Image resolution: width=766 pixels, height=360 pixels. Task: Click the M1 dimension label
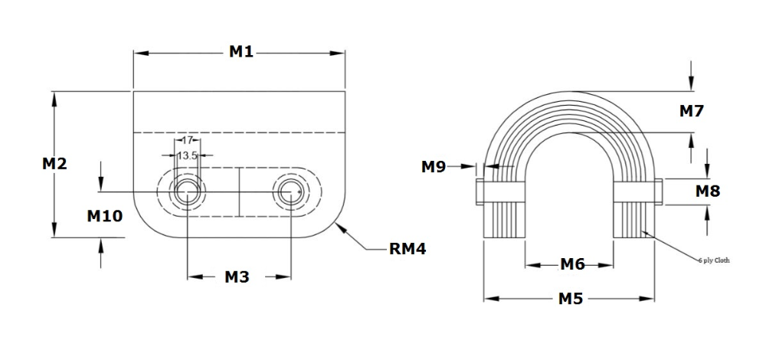point(241,51)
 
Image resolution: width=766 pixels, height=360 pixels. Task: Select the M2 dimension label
point(54,163)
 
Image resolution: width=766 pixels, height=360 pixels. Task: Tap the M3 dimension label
point(237,277)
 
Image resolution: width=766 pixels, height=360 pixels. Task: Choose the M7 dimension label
point(692,111)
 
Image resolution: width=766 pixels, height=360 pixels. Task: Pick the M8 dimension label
point(707,191)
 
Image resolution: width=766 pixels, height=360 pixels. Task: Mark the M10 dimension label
point(104,216)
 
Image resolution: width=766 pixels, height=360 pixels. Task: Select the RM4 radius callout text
point(407,249)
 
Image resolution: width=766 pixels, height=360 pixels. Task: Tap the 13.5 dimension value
point(187,155)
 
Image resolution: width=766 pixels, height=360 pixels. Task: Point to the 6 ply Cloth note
point(714,260)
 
